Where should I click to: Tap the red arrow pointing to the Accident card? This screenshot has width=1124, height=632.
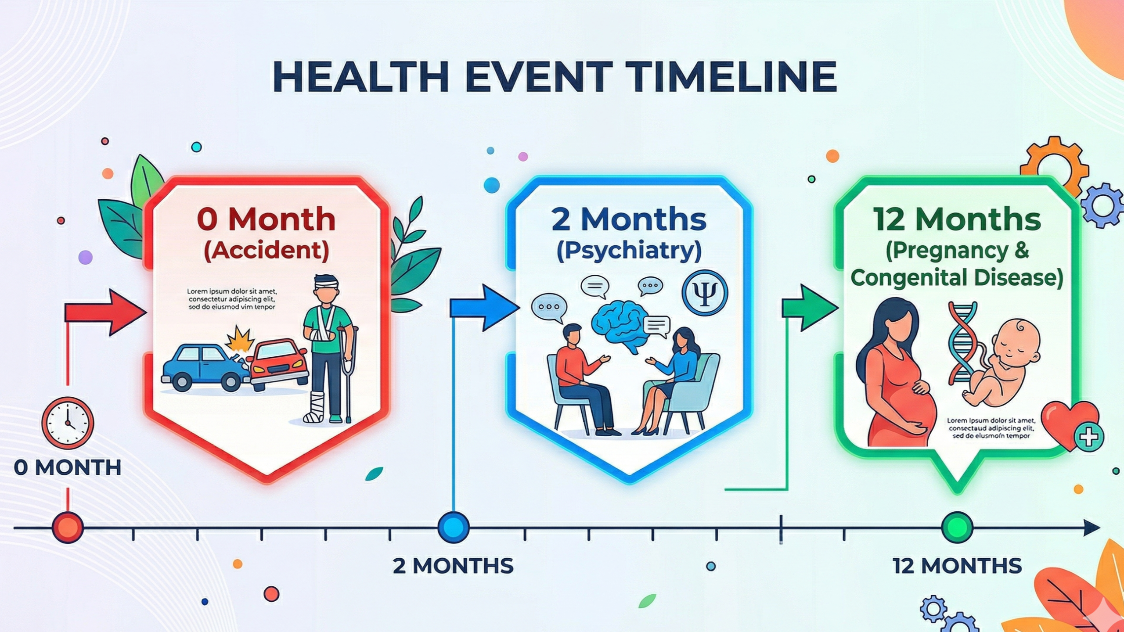[108, 312]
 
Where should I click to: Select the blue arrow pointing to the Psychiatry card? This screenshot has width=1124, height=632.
[485, 307]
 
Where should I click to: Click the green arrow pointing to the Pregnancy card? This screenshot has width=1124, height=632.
[810, 307]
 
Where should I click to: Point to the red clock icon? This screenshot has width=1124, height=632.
[68, 423]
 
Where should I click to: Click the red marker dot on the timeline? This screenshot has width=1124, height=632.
[68, 527]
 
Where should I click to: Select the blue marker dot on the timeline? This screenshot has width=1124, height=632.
[454, 527]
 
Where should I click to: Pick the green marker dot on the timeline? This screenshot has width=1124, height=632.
[957, 527]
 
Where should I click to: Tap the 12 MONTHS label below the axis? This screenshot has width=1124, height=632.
[957, 566]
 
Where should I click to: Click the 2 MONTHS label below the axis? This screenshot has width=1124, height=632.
[453, 566]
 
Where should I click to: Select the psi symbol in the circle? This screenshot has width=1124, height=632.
[705, 293]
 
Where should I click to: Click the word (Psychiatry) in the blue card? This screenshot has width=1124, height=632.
[629, 251]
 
